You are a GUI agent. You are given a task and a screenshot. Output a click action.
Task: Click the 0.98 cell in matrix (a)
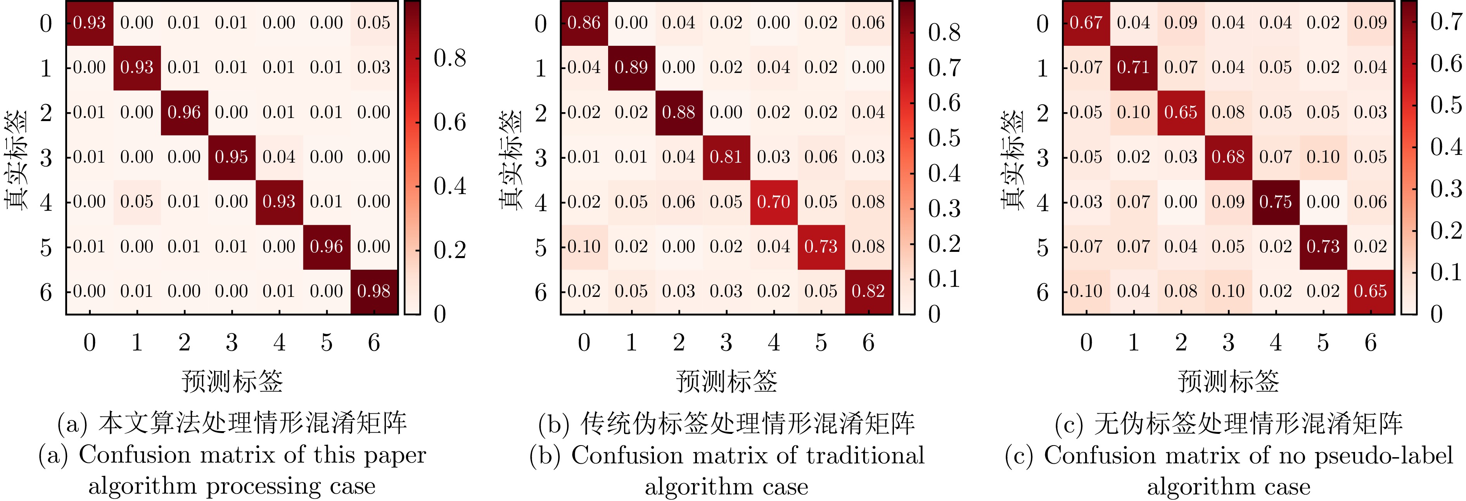[x=373, y=291]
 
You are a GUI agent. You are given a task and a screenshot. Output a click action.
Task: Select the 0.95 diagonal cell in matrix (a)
[x=231, y=157]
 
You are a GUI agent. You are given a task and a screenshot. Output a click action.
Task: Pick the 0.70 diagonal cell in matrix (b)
[x=773, y=202]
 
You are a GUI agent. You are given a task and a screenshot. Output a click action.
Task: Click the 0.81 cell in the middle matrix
[x=726, y=157]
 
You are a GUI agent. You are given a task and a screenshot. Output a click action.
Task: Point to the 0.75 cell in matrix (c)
[x=1275, y=202]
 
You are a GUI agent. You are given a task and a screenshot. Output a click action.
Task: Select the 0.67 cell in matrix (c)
[x=1086, y=23]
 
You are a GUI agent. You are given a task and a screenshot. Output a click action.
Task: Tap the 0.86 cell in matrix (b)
[x=584, y=23]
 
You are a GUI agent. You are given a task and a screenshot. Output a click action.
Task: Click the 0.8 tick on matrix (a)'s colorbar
[x=449, y=58]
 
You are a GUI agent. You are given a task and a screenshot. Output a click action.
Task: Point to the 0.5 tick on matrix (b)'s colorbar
[x=944, y=138]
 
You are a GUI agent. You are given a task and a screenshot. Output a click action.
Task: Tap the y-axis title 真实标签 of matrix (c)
[x=1012, y=159]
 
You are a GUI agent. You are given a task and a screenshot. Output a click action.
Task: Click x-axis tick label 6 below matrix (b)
[x=868, y=343]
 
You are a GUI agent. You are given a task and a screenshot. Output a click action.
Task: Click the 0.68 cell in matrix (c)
[x=1228, y=157]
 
